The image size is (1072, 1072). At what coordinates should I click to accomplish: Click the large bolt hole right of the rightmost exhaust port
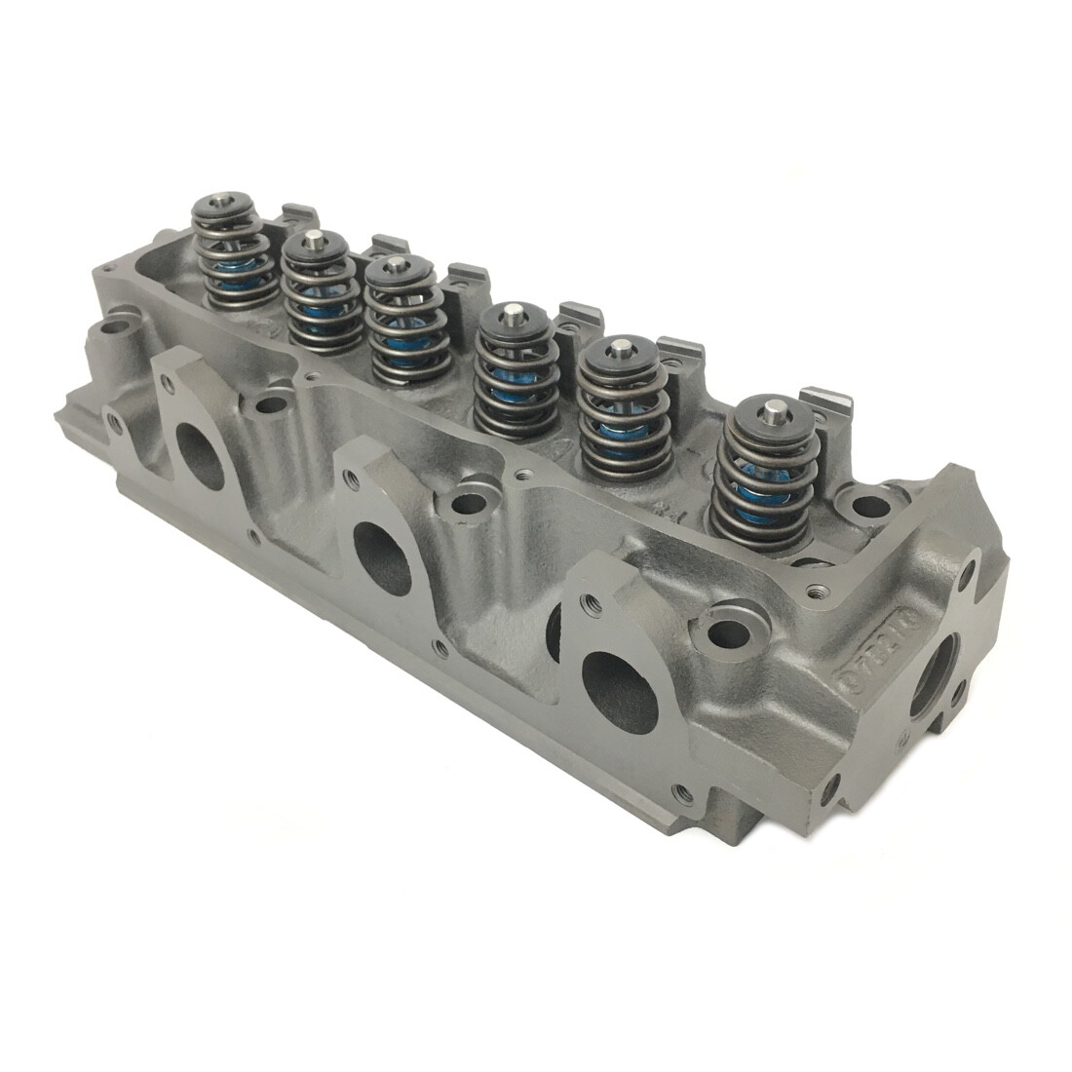[x=727, y=632]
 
